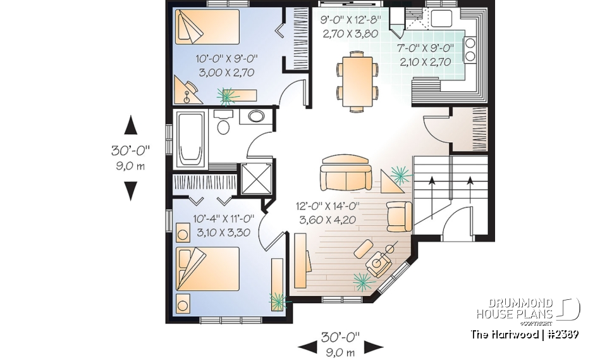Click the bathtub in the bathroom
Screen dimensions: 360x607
(190, 139)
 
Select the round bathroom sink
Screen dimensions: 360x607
(256, 117)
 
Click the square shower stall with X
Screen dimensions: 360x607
(256, 178)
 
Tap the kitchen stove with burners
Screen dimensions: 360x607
(470, 49)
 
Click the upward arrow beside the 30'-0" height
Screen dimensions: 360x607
(131, 125)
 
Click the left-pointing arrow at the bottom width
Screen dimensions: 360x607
(307, 346)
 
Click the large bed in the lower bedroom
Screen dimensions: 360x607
(208, 268)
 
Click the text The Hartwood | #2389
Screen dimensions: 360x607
(525, 334)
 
